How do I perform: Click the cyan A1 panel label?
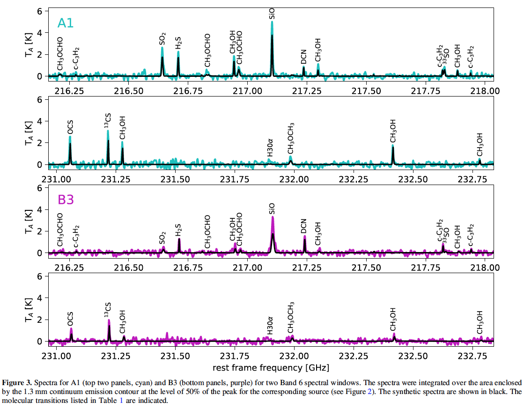65,23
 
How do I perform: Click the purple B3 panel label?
66,200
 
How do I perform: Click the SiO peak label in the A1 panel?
273,13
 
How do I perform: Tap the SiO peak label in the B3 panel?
273,208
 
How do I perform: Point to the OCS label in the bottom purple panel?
70,320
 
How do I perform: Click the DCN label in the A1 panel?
304,57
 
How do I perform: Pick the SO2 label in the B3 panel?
162,238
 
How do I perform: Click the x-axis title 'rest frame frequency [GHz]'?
271,366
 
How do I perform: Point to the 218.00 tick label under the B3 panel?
485,268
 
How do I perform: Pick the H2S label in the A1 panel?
178,44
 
